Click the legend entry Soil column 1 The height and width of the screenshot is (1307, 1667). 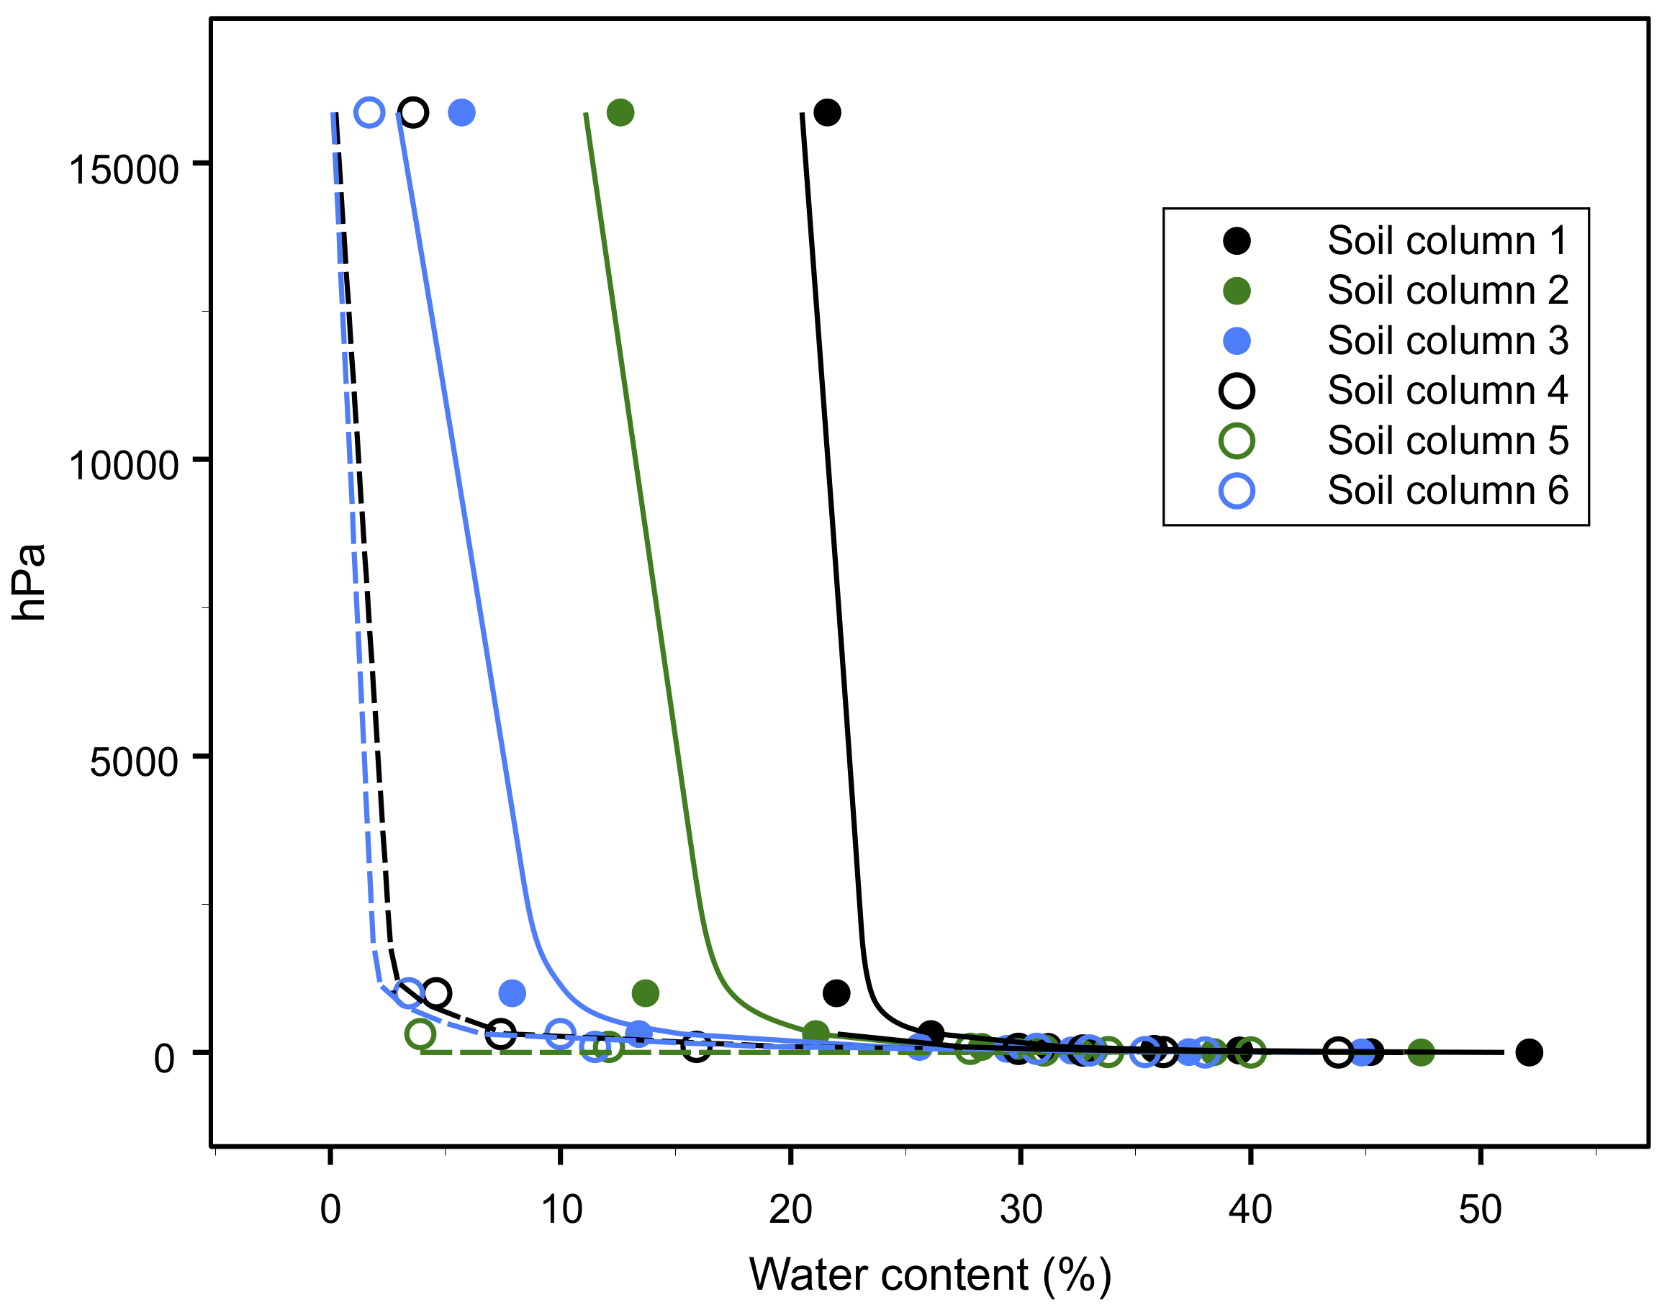pos(1447,241)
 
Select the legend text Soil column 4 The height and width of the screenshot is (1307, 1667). pos(1447,391)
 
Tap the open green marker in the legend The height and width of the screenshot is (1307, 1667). pos(1237,440)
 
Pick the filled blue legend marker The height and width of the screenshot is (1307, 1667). pos(1237,340)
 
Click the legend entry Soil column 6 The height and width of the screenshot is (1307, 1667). pos(1447,491)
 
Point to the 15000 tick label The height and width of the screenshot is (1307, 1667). pos(123,170)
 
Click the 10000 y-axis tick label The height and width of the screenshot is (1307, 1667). pos(123,465)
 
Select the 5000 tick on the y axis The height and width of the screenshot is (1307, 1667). pos(134,762)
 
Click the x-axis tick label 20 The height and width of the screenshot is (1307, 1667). pos(790,1210)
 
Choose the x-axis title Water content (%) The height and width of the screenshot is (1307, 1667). pos(930,1275)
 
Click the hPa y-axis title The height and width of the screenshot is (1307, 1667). pos(29,582)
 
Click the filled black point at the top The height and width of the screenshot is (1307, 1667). pos(827,112)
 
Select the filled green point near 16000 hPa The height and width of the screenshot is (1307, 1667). pos(620,112)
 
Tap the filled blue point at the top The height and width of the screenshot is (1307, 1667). pos(461,112)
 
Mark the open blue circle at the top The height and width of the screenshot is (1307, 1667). pos(369,112)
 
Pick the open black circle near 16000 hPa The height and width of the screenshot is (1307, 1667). pos(413,112)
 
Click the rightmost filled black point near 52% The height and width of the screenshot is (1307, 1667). pos(1529,1052)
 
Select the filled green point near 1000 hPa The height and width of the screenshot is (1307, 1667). pos(645,993)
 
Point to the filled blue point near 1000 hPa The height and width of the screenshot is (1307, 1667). pos(512,993)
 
